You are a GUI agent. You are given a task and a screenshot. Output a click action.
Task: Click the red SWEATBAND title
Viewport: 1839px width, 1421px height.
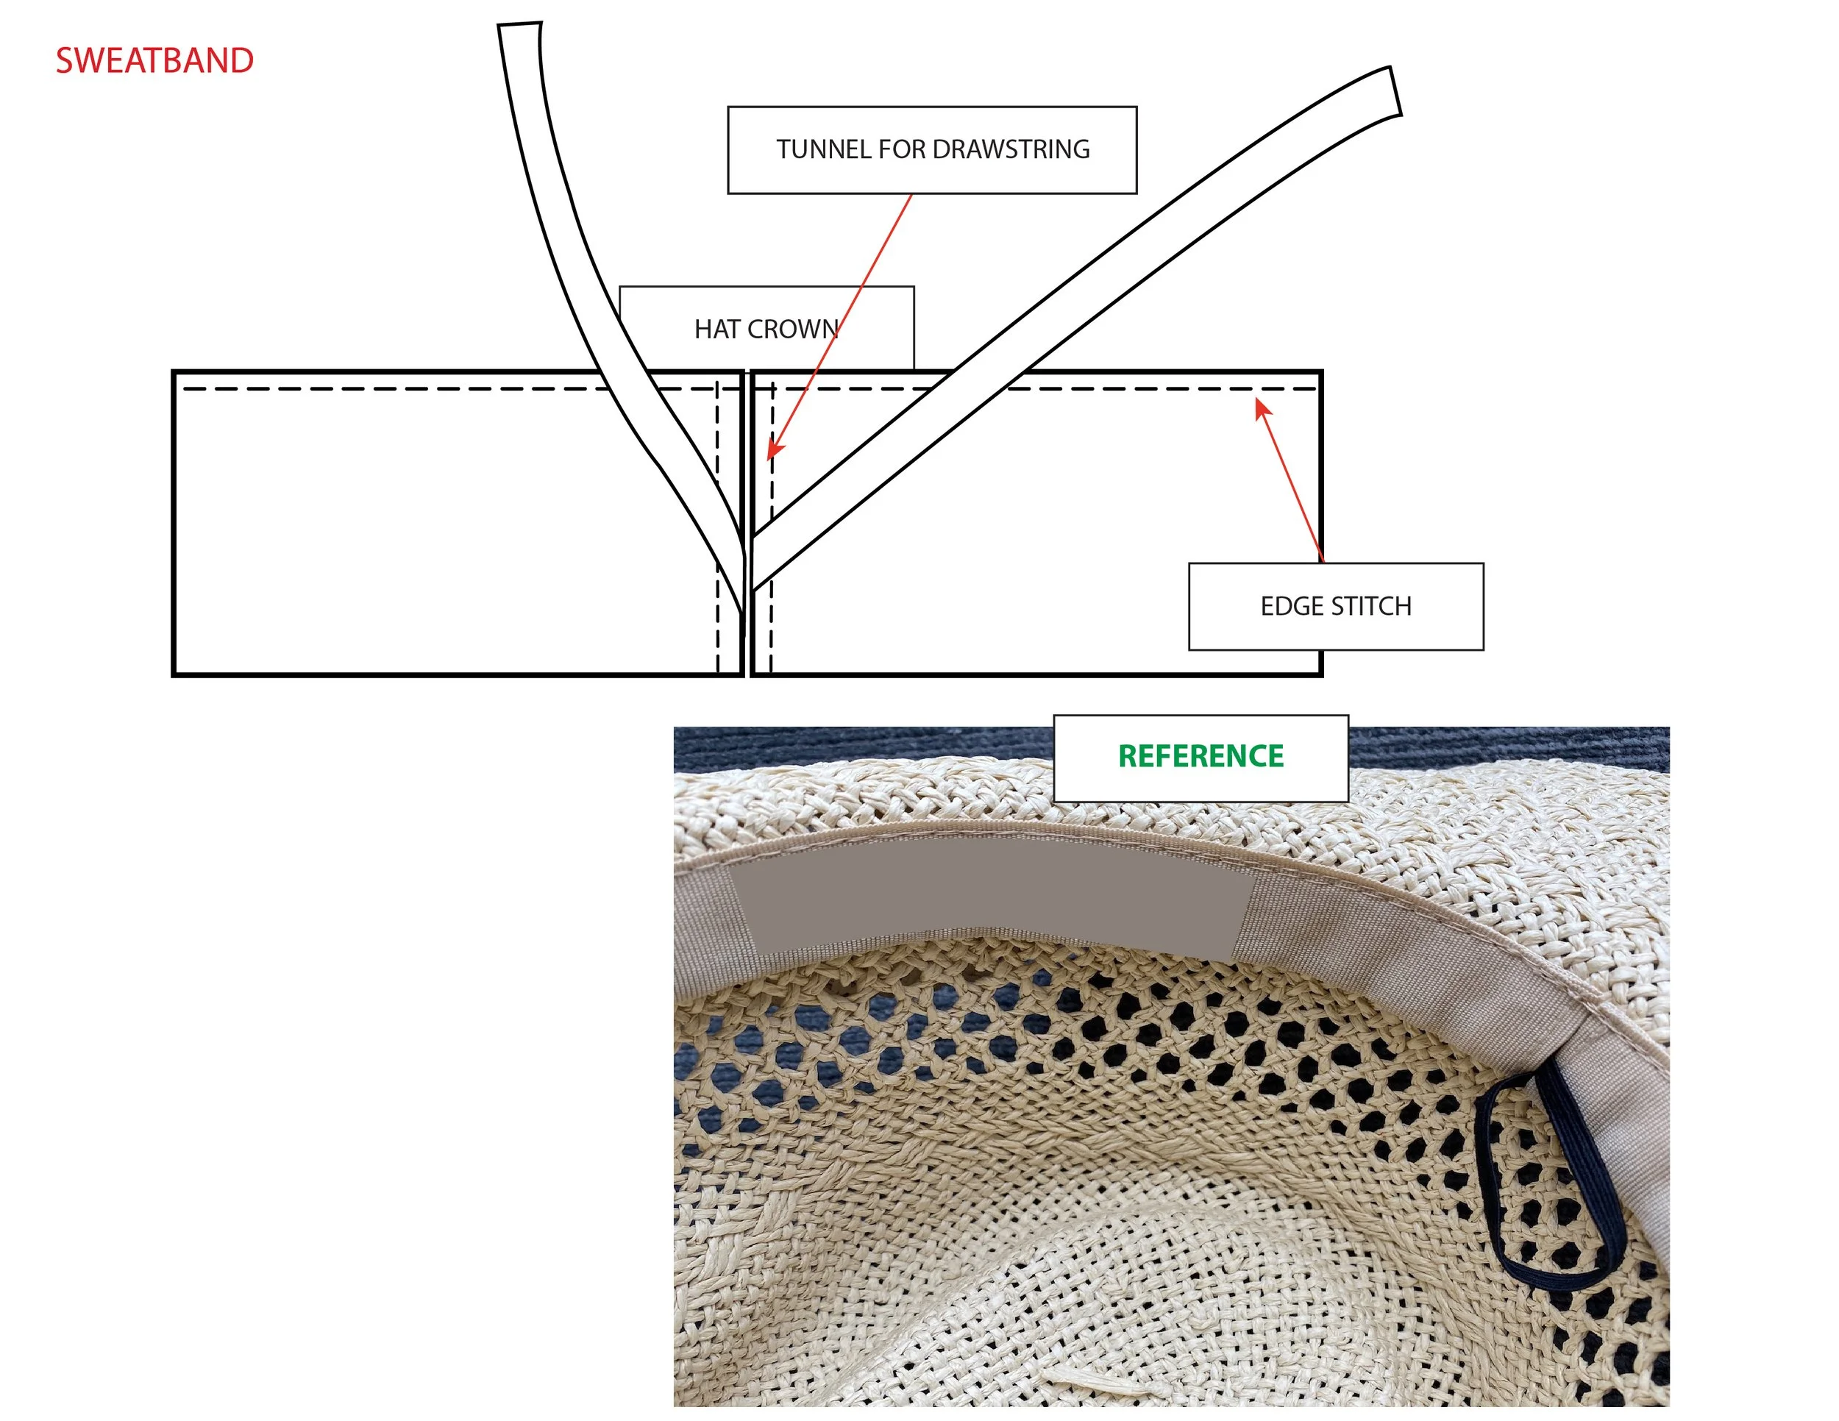point(154,60)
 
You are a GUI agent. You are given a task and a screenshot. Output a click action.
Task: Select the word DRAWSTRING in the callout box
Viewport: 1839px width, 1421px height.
point(1011,150)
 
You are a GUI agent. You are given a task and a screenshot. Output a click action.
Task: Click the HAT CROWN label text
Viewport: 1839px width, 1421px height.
point(766,330)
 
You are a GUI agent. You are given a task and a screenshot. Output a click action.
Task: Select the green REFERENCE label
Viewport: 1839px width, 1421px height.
point(1200,756)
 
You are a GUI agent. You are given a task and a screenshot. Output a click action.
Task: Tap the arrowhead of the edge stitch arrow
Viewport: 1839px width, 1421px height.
point(1262,407)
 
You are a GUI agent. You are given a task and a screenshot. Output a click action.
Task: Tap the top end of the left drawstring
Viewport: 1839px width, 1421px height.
point(519,27)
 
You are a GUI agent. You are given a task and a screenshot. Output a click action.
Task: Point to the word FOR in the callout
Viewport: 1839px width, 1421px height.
point(903,150)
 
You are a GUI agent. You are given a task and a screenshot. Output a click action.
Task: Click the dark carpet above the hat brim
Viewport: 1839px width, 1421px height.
point(842,745)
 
